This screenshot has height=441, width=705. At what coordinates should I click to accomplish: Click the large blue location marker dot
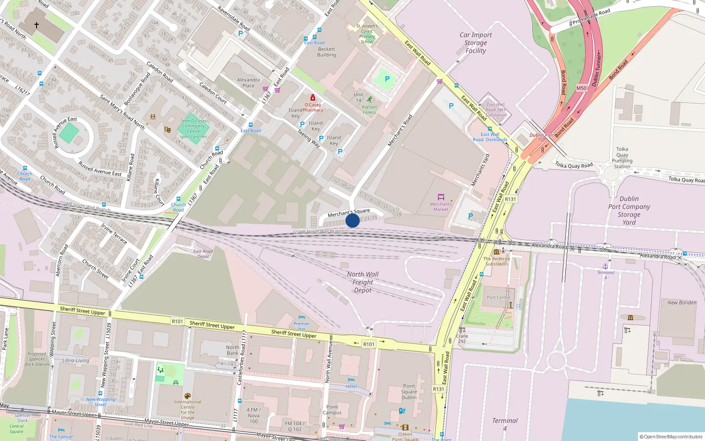[352, 220]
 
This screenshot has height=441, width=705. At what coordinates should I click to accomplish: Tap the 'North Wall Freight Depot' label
[363, 282]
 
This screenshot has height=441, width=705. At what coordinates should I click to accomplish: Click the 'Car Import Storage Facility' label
[475, 43]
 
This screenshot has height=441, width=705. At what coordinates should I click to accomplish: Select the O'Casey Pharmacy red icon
[313, 97]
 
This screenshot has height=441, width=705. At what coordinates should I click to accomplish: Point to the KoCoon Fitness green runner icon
[369, 99]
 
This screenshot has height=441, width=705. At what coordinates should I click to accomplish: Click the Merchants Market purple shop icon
[441, 197]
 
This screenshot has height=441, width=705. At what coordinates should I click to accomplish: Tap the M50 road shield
[582, 88]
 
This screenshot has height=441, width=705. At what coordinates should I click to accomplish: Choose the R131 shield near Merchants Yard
[510, 199]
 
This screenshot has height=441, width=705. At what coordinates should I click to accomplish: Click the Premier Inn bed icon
[302, 317]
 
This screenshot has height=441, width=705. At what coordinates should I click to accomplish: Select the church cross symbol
[37, 25]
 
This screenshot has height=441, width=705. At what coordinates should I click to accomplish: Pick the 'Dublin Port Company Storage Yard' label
[629, 210]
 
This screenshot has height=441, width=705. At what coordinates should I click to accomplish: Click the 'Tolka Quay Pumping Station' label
[622, 158]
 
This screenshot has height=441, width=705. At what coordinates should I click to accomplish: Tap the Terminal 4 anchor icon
[605, 266]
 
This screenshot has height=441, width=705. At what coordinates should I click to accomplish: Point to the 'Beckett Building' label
[327, 52]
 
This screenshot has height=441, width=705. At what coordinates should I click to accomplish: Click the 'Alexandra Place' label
[249, 83]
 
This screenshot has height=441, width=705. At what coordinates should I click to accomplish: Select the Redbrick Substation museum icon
[497, 252]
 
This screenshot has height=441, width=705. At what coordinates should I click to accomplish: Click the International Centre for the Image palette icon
[187, 396]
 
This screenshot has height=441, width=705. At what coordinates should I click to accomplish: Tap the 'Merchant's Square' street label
[349, 213]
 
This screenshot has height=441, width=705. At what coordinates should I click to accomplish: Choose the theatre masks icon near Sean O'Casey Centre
[167, 129]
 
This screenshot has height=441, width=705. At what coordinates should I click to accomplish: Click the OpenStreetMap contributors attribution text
[671, 437]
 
